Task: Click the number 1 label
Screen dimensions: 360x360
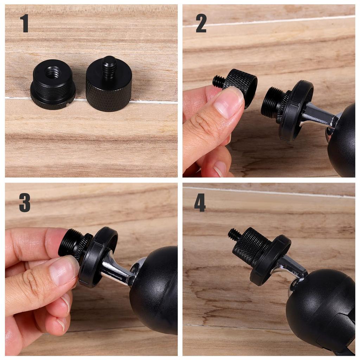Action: coord(24,24)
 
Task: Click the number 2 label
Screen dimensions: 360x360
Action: coord(201,24)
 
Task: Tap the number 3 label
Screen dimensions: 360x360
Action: coord(25,202)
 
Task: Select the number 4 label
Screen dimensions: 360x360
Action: coord(200,202)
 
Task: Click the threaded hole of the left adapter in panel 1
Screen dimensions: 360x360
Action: coord(53,73)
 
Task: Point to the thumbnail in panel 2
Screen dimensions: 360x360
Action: coord(229,102)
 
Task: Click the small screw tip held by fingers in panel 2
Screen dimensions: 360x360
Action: coord(218,82)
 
